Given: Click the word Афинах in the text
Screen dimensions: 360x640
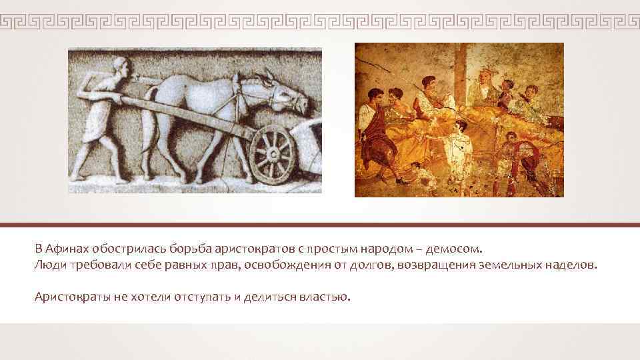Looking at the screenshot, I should point(69,249).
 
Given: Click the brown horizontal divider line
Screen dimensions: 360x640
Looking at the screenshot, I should point(320,225).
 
